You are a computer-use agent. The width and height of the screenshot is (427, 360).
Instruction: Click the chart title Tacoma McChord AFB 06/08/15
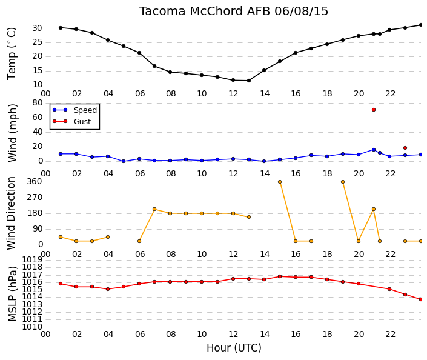point(234,12)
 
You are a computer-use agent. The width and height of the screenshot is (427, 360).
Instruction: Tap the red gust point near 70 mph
point(374,110)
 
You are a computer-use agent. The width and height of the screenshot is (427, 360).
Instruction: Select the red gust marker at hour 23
point(405,148)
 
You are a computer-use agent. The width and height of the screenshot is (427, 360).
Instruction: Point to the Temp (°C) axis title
point(12,54)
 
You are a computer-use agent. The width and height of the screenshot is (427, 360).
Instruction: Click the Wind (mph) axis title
point(12,133)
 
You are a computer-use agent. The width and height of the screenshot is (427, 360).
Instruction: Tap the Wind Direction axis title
point(11,213)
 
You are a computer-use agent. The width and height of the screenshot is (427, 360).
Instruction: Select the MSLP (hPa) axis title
point(12,293)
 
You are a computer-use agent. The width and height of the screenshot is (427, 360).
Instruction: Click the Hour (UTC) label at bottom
point(234,348)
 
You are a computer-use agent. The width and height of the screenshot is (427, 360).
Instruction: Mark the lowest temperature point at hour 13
point(249,81)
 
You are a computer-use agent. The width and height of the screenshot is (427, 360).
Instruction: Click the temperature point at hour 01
point(61,28)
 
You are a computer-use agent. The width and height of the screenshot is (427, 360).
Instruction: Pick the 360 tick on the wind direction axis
point(35,182)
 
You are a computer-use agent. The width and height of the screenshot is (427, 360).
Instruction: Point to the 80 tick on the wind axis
point(38,103)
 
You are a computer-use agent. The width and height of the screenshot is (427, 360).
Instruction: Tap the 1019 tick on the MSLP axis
point(33,259)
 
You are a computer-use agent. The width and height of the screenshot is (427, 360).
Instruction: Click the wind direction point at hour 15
point(280,182)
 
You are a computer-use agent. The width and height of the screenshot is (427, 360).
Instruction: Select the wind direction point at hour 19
point(343,182)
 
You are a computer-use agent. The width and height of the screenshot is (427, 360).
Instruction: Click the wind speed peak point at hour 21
point(374,150)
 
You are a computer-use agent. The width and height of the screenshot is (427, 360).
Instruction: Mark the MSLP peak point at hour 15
point(280,276)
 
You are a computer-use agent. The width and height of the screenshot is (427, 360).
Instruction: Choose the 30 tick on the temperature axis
point(38,28)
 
